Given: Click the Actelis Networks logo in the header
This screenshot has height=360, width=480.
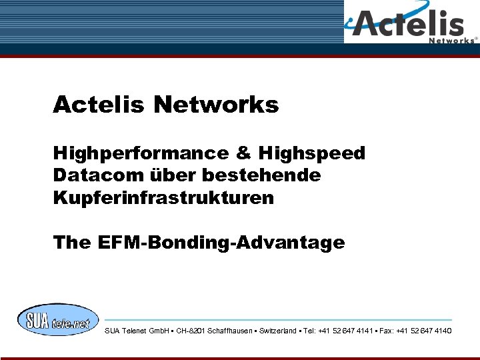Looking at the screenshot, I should [x=411, y=23].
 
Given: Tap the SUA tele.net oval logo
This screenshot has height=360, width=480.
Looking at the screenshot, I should [x=58, y=320].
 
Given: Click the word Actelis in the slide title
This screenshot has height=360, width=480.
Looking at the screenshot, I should [x=99, y=105].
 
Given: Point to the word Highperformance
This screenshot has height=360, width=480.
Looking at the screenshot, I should [x=141, y=153].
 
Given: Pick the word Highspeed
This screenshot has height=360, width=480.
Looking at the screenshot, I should [x=312, y=153].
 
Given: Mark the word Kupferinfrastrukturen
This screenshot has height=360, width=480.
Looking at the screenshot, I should [x=163, y=199].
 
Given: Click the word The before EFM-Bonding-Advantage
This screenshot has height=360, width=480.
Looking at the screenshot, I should [x=71, y=243].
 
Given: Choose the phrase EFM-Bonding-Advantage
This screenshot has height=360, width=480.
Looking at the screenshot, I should [x=221, y=243].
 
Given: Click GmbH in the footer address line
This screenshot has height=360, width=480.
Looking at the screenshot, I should [x=159, y=331].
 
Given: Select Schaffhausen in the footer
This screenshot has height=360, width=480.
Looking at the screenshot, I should [x=230, y=331].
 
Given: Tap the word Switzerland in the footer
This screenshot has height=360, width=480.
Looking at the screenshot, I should [x=278, y=331].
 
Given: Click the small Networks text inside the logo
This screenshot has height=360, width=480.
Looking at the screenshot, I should [x=452, y=40].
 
